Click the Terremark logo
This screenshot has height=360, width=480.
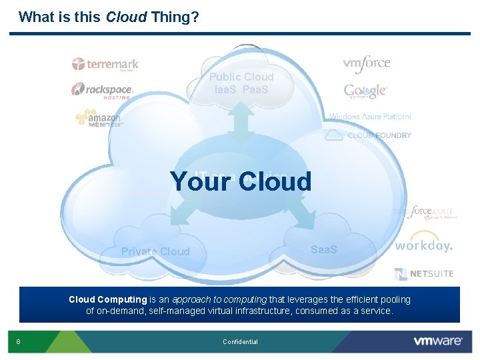pos(105,65)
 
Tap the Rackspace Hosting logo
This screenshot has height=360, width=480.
pos(103,90)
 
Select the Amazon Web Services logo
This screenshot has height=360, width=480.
pos(99,119)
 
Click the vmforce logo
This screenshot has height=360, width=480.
pos(367,63)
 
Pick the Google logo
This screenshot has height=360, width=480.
pos(365,91)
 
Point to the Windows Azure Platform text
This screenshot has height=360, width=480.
pos(370,117)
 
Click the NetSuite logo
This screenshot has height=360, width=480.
pos(424,273)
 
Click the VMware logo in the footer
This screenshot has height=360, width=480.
pos(438,341)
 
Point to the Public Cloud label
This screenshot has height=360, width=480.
pos(241,77)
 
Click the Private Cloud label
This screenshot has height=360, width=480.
pos(155,251)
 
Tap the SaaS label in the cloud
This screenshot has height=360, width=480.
pos(324,249)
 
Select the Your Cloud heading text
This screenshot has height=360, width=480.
pos(241,181)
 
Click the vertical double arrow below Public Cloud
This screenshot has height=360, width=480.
pos(241,121)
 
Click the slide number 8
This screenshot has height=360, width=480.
pos(18,342)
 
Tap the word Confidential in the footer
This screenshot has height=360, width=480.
pos(240,342)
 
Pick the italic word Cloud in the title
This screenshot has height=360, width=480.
pos(127,17)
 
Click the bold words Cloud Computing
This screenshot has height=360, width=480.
pos(107,300)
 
